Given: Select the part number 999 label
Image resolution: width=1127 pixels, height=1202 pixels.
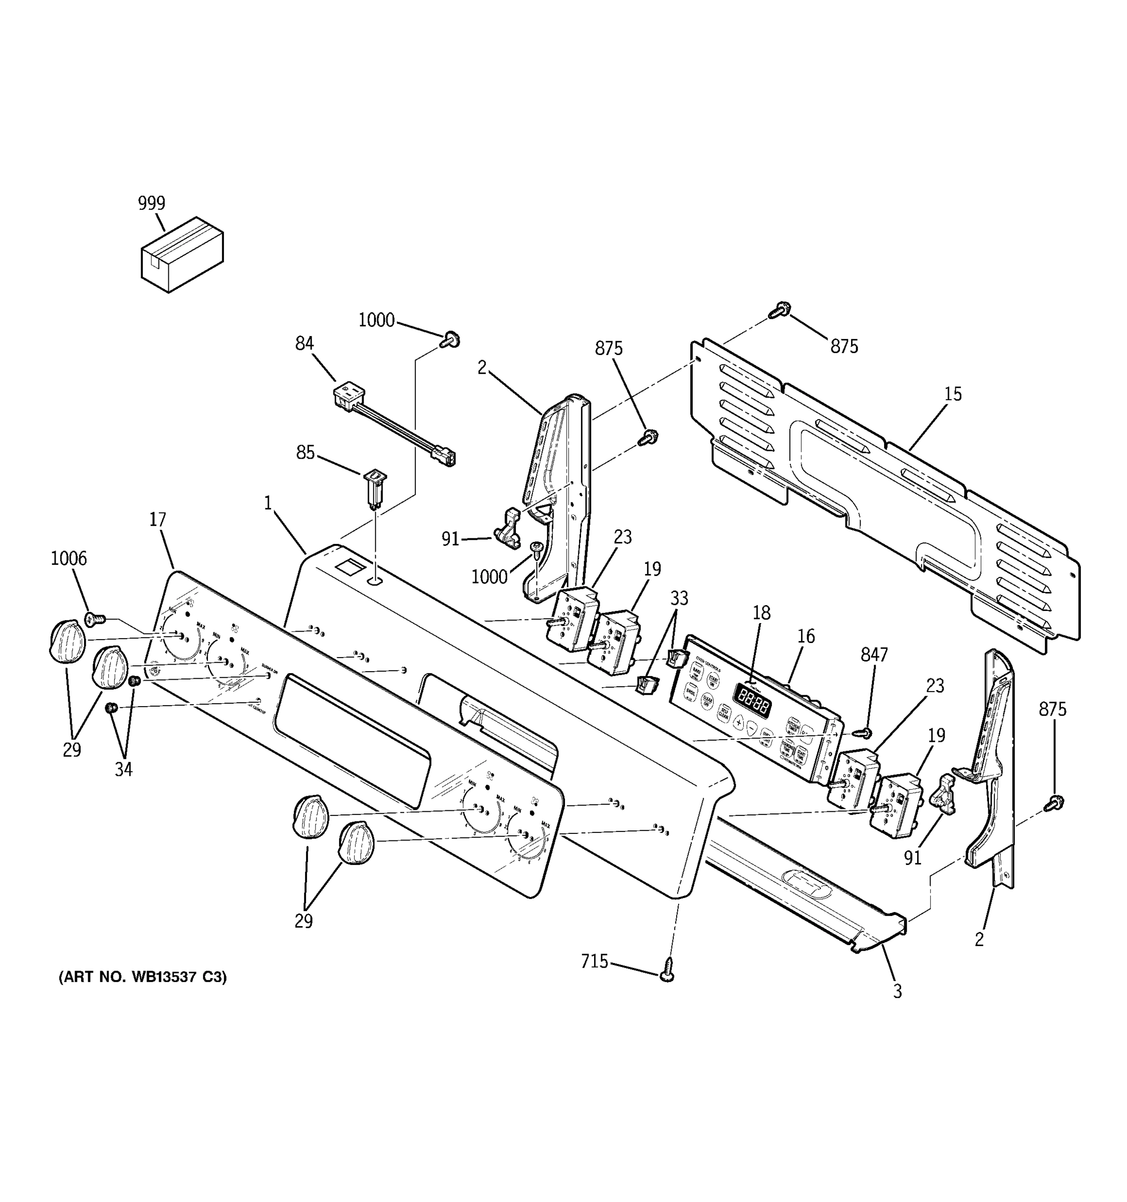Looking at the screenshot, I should (151, 203).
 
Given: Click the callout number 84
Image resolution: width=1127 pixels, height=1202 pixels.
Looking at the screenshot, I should (304, 344).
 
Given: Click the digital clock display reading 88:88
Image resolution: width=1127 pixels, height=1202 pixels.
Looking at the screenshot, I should (753, 701).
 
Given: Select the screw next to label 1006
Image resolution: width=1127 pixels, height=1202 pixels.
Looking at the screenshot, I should (94, 619).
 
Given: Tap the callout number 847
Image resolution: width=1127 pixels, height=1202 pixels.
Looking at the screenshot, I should (874, 654).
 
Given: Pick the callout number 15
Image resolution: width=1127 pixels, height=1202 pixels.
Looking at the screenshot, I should (952, 394).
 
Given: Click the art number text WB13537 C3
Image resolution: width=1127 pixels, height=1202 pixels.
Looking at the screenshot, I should (142, 977).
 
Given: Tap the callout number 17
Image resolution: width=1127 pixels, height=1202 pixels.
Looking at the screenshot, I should (158, 519).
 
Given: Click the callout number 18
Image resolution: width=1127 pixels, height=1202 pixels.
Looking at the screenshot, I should (761, 613).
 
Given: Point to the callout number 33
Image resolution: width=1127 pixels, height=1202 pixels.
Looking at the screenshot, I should (679, 598).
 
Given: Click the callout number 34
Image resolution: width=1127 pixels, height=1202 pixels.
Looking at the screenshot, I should (123, 769).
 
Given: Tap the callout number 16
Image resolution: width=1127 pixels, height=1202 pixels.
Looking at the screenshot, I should (806, 636).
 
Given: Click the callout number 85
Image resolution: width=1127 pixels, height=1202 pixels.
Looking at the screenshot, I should (306, 452).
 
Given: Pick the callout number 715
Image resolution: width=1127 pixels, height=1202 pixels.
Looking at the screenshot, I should (595, 962).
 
